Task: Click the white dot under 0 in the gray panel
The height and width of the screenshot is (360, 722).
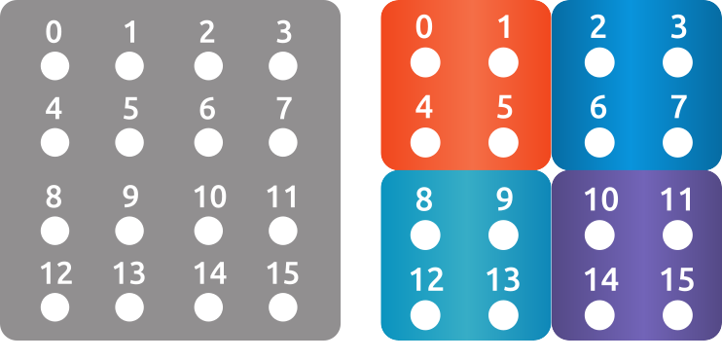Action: point(54,66)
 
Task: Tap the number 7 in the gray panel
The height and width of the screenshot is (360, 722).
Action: point(283,108)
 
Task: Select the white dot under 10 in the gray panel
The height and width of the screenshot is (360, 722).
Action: point(207,231)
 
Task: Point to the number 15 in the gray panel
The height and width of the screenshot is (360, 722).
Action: point(282,273)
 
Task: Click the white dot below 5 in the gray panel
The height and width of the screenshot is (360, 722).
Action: point(129,142)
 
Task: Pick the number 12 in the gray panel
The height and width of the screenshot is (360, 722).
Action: point(55,273)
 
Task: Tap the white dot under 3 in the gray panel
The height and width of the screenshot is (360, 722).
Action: point(283,66)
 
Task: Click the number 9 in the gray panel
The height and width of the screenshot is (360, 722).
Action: point(130,198)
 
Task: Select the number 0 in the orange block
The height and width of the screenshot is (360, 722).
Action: point(424,27)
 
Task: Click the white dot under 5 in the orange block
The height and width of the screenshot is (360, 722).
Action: point(503,142)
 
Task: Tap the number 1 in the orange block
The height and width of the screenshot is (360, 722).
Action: point(504,27)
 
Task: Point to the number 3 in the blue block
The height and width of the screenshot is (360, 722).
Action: point(678,27)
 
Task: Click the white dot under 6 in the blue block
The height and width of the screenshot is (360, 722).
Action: point(599,142)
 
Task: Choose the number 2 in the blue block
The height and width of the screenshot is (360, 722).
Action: point(599,27)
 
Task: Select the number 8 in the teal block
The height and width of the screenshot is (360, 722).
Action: point(424,199)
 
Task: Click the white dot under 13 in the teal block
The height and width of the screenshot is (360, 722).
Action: point(503,314)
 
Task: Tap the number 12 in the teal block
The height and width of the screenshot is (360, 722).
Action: point(426,280)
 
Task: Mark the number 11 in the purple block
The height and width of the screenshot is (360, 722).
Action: point(677,199)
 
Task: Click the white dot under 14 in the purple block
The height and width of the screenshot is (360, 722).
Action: point(600,314)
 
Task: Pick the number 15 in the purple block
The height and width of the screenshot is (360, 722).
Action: point(677,280)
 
